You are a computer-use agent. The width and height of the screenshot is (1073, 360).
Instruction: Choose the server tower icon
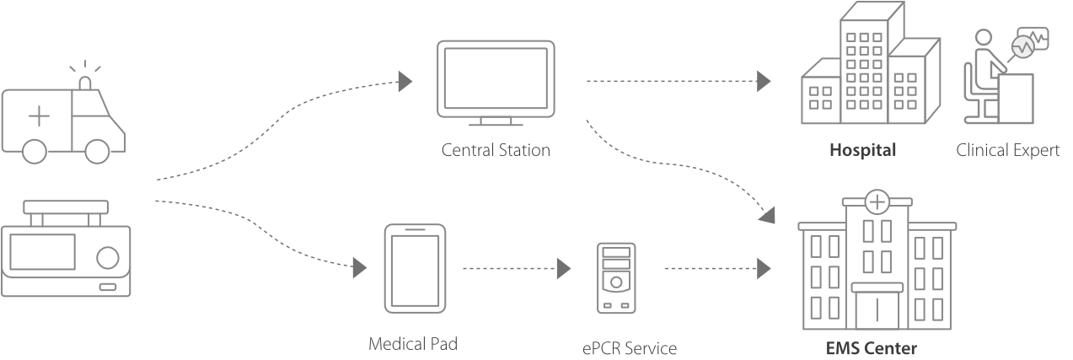[x=616, y=276]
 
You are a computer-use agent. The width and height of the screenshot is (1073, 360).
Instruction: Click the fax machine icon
[x=868, y=72]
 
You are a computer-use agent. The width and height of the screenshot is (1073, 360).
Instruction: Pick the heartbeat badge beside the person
[x=1023, y=47]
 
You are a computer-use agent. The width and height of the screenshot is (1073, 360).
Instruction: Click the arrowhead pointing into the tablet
[x=362, y=269]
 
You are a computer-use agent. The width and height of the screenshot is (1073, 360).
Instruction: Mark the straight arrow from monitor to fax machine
[x=679, y=82]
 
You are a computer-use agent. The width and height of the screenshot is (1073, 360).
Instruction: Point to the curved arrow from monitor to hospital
[x=674, y=164]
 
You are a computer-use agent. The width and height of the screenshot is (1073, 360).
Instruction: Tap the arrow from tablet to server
[x=514, y=269]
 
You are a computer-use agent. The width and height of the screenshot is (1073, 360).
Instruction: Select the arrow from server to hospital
[x=716, y=269]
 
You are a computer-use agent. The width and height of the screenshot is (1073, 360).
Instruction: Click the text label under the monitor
[x=496, y=152]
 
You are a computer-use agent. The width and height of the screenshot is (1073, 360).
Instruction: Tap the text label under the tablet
[x=411, y=343]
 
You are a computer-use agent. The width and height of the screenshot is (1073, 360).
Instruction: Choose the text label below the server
[x=630, y=348]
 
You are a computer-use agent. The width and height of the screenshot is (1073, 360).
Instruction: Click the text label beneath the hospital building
[x=869, y=347]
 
